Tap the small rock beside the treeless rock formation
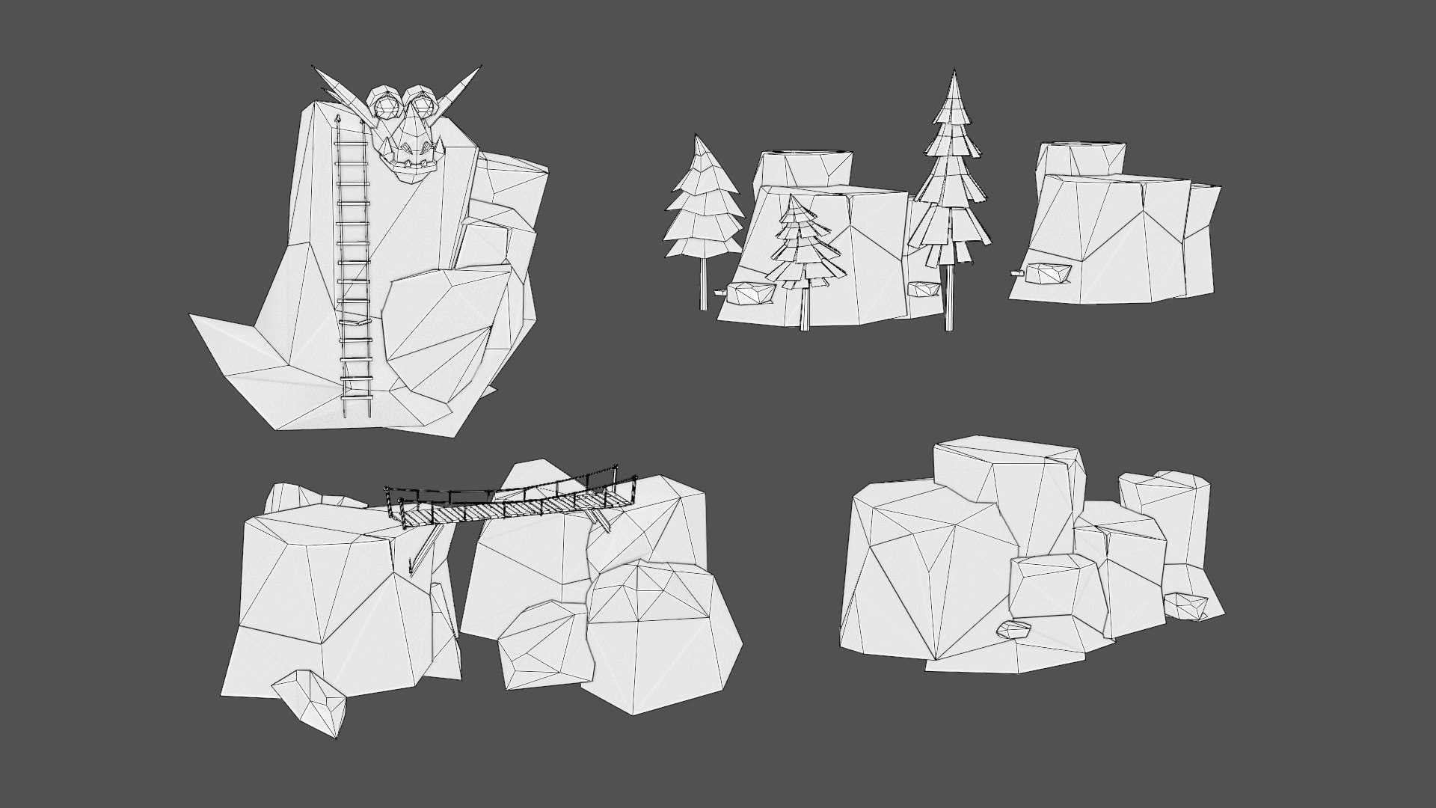[x=1050, y=274]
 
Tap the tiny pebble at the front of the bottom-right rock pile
[x=1014, y=630]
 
